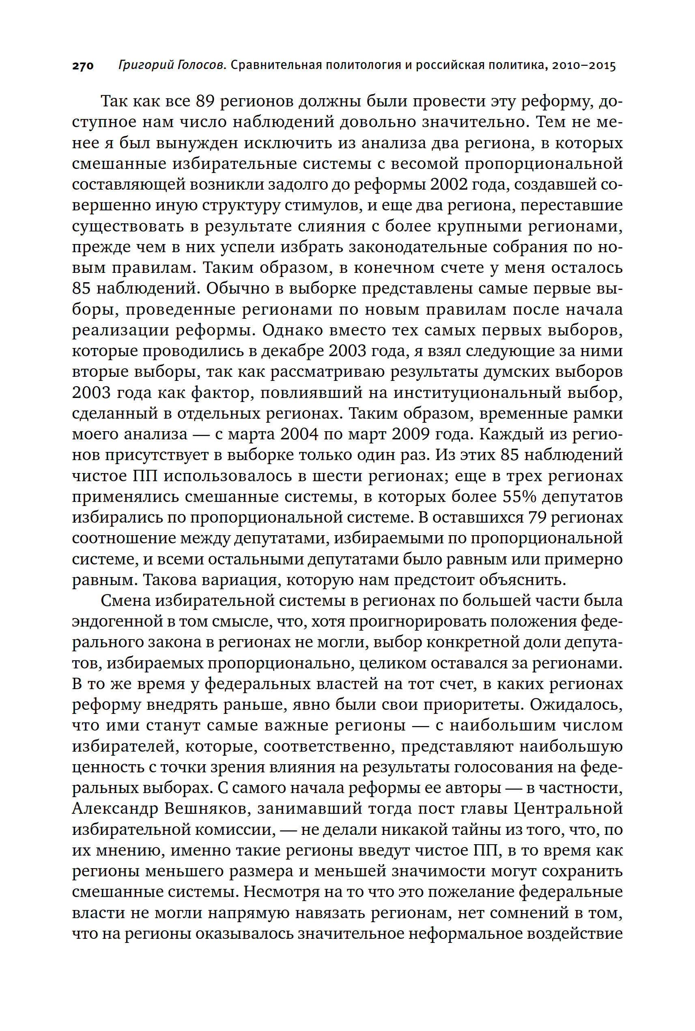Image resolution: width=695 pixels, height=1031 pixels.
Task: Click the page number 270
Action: pos(83,66)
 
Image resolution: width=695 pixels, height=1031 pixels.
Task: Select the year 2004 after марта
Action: pos(299,434)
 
